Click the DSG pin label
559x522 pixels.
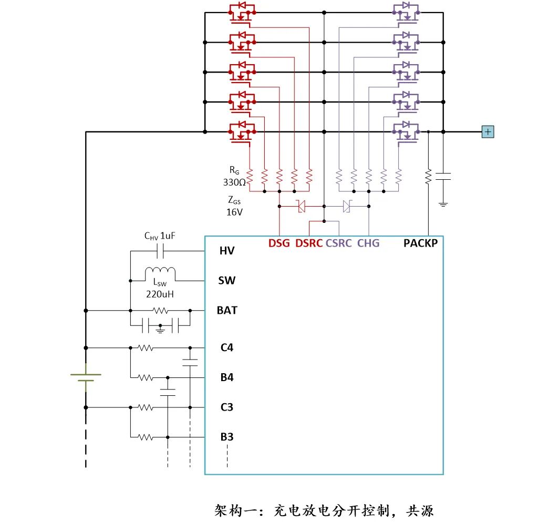pyautogui.click(x=279, y=243)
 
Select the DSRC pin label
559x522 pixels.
pyautogui.click(x=309, y=243)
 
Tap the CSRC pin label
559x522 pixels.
pyautogui.click(x=339, y=243)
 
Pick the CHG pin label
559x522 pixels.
pyautogui.click(x=368, y=243)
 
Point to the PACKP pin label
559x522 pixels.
pyautogui.click(x=420, y=243)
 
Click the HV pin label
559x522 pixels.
pyautogui.click(x=227, y=251)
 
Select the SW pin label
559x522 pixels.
pyautogui.click(x=227, y=281)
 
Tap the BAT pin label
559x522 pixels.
pyautogui.click(x=227, y=310)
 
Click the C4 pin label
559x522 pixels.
pyautogui.click(x=227, y=347)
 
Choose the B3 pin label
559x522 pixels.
pyautogui.click(x=227, y=436)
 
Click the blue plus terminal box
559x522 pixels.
pyautogui.click(x=488, y=131)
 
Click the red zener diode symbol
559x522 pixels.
pyautogui.click(x=302, y=206)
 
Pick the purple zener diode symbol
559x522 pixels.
pyautogui.click(x=346, y=206)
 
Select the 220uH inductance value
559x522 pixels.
pyautogui.click(x=160, y=294)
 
